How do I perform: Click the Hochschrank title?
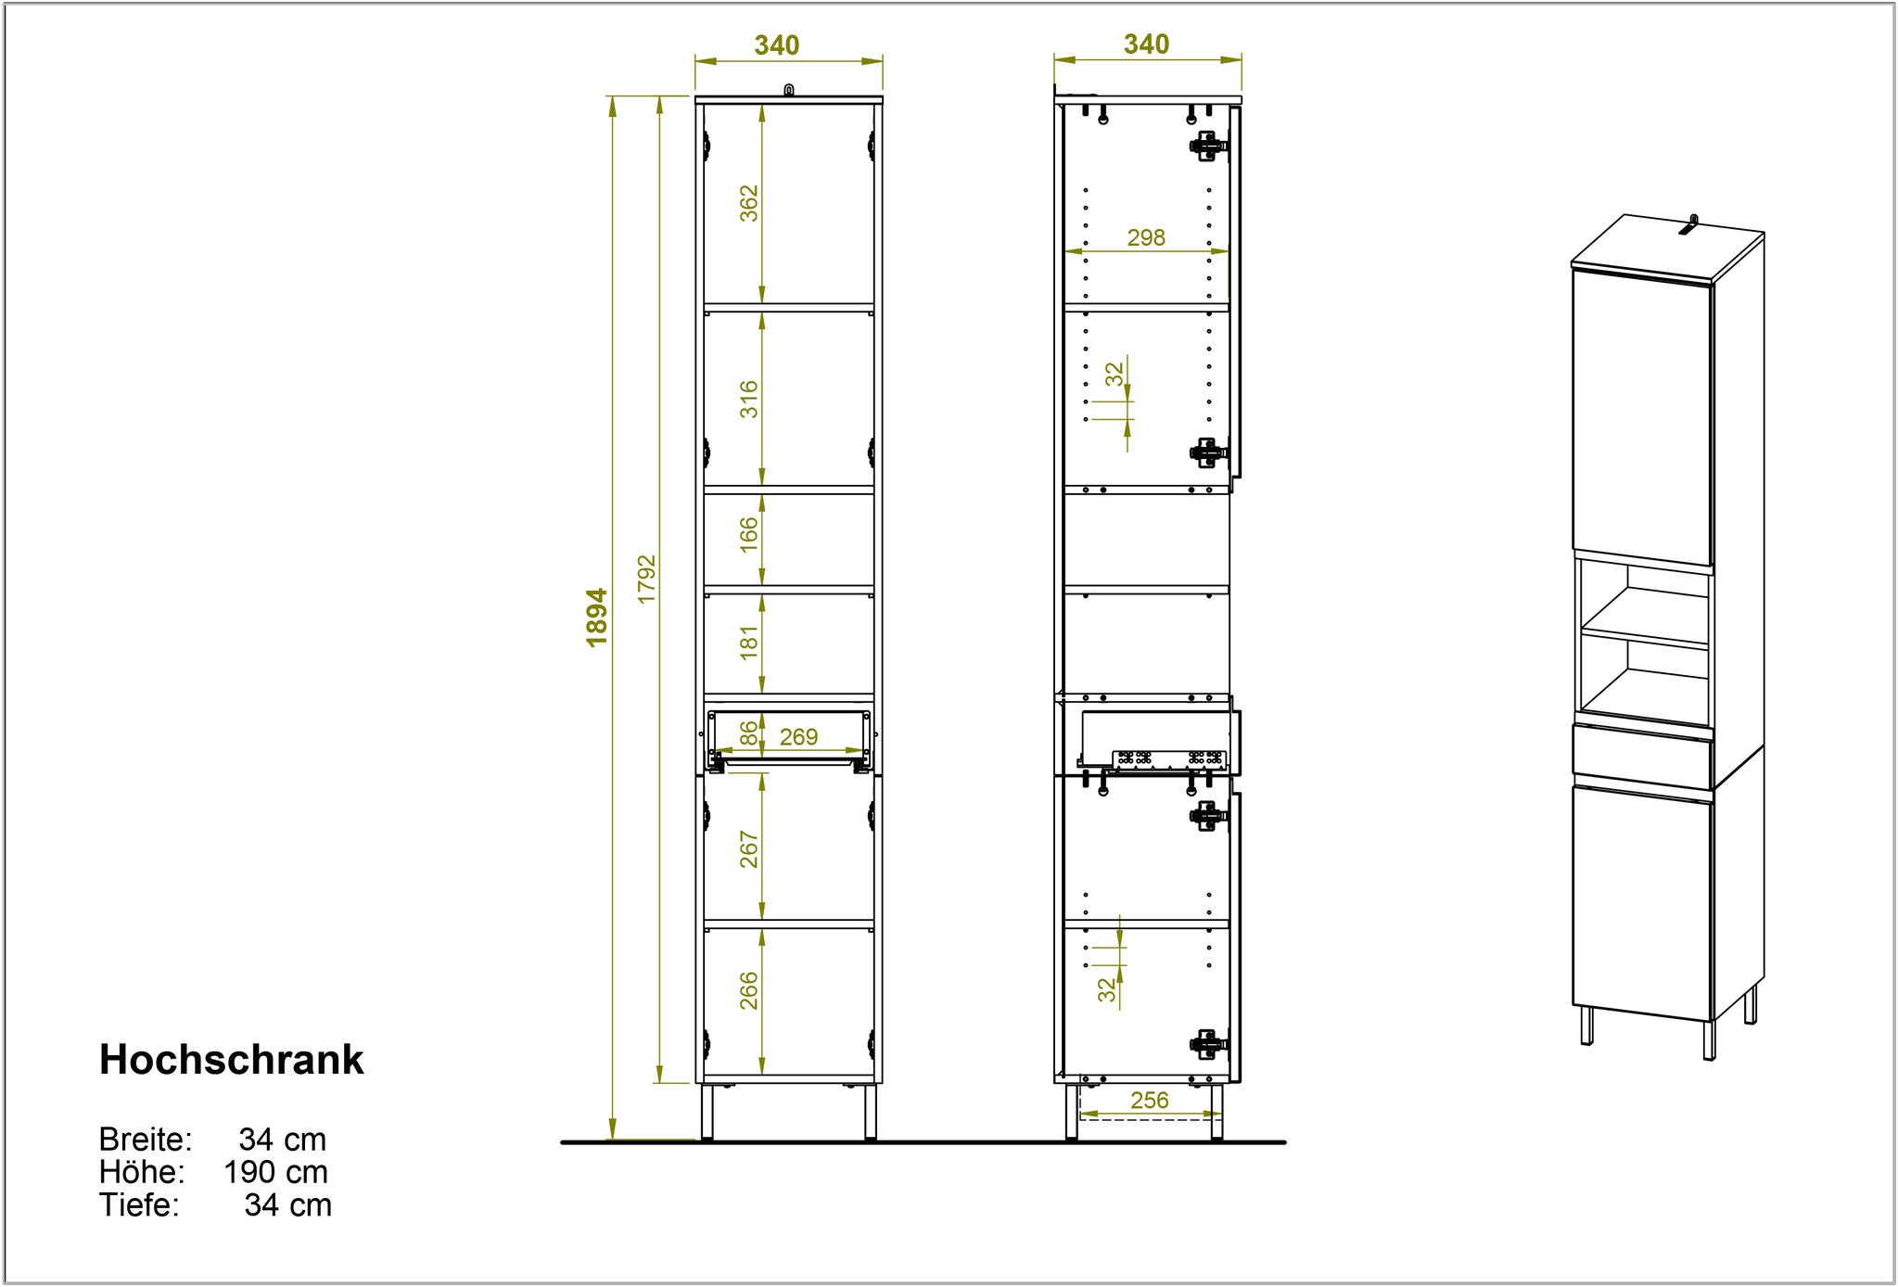point(232,1060)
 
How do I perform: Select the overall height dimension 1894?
point(597,617)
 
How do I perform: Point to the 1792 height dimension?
point(646,580)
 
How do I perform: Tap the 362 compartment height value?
point(748,203)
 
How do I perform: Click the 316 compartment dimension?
point(748,399)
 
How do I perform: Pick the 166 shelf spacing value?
point(748,535)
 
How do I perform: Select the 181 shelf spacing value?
point(748,642)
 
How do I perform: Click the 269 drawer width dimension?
point(798,736)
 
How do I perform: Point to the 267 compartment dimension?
point(748,849)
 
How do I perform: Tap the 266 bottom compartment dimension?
point(748,990)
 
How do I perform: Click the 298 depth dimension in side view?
point(1146,237)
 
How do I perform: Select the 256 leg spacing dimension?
point(1150,1100)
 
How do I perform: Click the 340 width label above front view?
point(777,45)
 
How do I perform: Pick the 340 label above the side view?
point(1147,44)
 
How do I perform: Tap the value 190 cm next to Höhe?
point(275,1172)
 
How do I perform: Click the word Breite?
point(146,1140)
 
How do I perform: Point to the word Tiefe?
point(139,1204)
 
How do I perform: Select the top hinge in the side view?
point(1208,146)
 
